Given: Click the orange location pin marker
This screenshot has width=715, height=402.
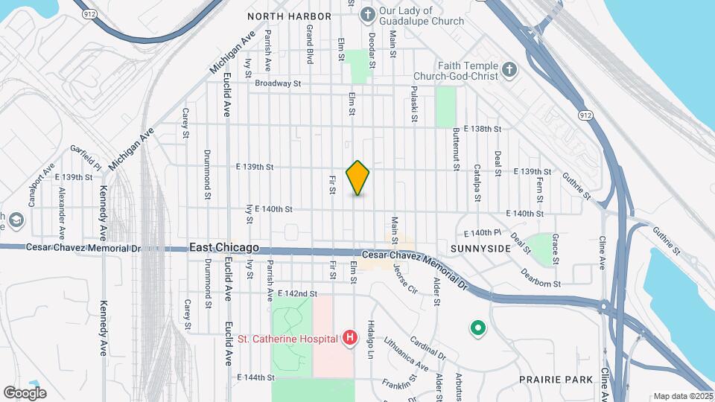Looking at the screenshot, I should (357, 178).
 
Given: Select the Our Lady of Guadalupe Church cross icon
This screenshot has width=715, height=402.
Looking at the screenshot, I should (367, 15).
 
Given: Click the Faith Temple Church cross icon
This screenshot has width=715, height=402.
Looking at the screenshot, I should (509, 71).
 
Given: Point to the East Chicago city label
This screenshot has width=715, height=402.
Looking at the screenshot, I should (223, 247).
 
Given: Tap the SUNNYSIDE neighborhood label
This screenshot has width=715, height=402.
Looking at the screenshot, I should (480, 248).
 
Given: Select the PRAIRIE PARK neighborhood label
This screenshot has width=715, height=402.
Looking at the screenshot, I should (556, 380).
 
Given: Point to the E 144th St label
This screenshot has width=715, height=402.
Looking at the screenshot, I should (261, 378).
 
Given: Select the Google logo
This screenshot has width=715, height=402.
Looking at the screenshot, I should (25, 392).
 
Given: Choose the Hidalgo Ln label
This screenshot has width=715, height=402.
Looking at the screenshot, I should (369, 341).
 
